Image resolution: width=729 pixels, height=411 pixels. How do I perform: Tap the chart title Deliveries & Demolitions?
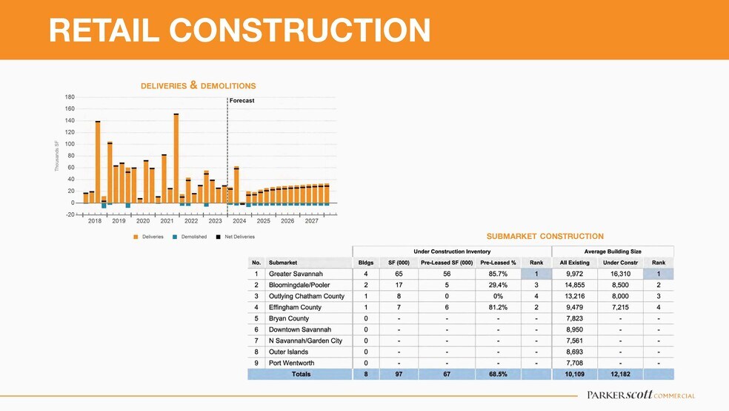(x=198, y=86)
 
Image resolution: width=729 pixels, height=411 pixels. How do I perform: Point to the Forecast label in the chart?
(x=242, y=100)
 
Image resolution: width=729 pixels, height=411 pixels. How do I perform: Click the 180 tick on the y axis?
(x=70, y=97)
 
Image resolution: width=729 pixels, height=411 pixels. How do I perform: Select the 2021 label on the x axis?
(x=167, y=221)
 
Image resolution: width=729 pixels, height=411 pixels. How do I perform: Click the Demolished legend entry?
(x=190, y=237)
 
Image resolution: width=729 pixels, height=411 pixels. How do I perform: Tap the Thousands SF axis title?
(x=56, y=157)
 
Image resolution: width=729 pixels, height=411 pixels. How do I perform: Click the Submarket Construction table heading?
(x=545, y=237)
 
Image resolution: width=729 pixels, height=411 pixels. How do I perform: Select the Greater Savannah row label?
(x=296, y=274)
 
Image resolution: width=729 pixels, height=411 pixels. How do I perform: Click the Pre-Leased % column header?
(x=498, y=262)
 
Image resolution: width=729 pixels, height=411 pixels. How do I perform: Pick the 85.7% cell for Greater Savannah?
(x=498, y=274)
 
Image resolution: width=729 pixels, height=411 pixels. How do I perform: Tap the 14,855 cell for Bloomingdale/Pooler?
(x=574, y=285)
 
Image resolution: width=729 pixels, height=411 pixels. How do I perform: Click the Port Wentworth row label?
(x=292, y=363)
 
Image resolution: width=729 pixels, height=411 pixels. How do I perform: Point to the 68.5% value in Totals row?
(x=498, y=375)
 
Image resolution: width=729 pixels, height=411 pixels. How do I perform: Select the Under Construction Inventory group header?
(x=451, y=251)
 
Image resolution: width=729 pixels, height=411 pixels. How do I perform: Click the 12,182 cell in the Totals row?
(x=616, y=375)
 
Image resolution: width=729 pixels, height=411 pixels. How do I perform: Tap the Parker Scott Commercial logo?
(x=640, y=395)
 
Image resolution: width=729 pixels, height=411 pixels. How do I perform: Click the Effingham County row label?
(x=295, y=307)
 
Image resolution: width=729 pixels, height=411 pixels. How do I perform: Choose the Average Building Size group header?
(x=613, y=251)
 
